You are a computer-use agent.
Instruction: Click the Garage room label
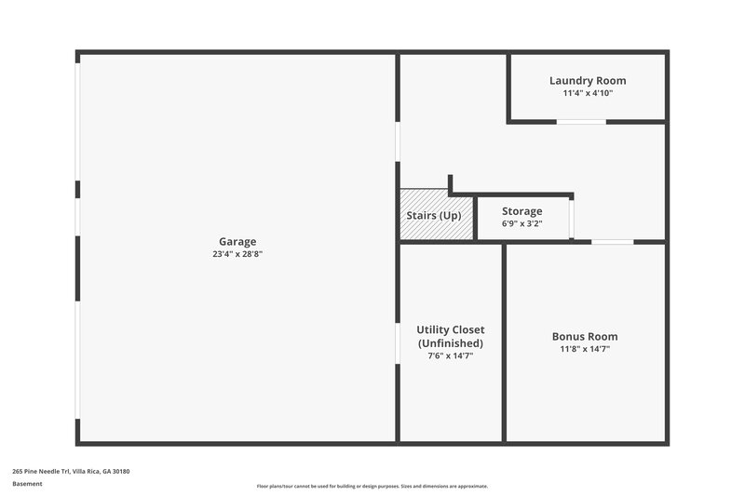coord(237,242)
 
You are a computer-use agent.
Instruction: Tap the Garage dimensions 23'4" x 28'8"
coord(237,254)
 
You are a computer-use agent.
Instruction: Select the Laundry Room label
coord(588,81)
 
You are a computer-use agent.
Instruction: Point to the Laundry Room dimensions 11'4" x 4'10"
coord(588,93)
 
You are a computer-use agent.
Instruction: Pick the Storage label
coord(521,211)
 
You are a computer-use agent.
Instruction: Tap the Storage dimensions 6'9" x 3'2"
coord(521,223)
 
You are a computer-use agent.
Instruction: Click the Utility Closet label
coord(451,329)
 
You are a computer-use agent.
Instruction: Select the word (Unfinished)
coord(451,342)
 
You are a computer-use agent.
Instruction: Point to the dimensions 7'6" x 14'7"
coord(451,355)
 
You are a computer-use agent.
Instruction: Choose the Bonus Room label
coord(585,337)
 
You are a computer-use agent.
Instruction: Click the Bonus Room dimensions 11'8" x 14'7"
coord(585,349)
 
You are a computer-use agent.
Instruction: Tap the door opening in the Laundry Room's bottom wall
coord(581,122)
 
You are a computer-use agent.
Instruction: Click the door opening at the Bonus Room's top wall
coord(612,242)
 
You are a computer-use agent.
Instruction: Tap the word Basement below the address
coord(28,484)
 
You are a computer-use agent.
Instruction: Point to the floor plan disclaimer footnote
coord(372,486)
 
